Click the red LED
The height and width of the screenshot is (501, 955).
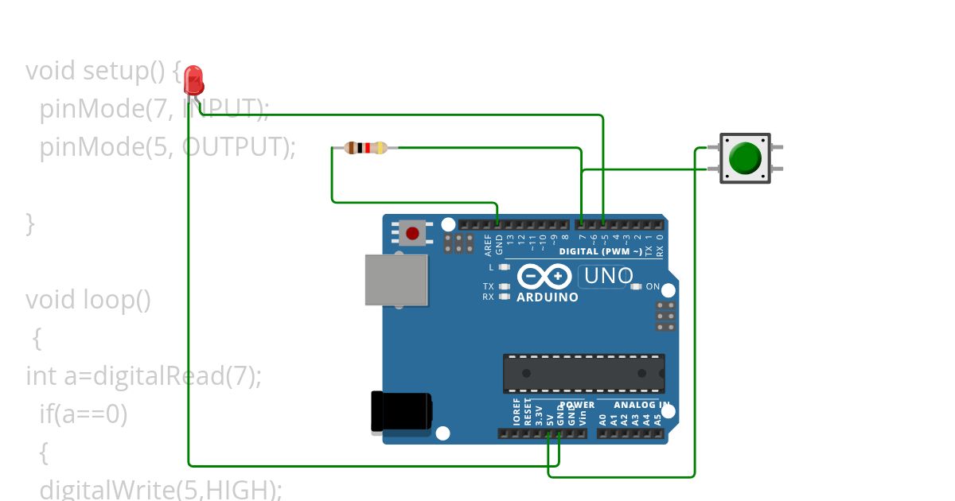[x=193, y=80]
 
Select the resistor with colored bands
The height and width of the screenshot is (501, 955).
[x=365, y=147]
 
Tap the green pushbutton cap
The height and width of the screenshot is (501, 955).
[x=745, y=157]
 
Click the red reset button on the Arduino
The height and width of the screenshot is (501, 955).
[x=412, y=233]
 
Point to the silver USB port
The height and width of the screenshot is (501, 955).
[x=396, y=279]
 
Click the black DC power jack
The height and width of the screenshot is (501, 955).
[x=402, y=412]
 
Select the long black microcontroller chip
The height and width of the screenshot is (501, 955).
[x=583, y=373]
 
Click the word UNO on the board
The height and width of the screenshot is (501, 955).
[x=609, y=276]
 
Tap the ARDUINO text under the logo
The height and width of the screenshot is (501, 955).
[x=548, y=297]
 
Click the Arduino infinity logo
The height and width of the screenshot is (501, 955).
[x=545, y=276]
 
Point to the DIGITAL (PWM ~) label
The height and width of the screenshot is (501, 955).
[x=601, y=251]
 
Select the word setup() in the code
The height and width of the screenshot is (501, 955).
[x=123, y=71]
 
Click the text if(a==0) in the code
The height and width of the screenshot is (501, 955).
[x=83, y=414]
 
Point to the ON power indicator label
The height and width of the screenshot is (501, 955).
[x=653, y=286]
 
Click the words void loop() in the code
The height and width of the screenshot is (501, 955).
[x=88, y=300]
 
